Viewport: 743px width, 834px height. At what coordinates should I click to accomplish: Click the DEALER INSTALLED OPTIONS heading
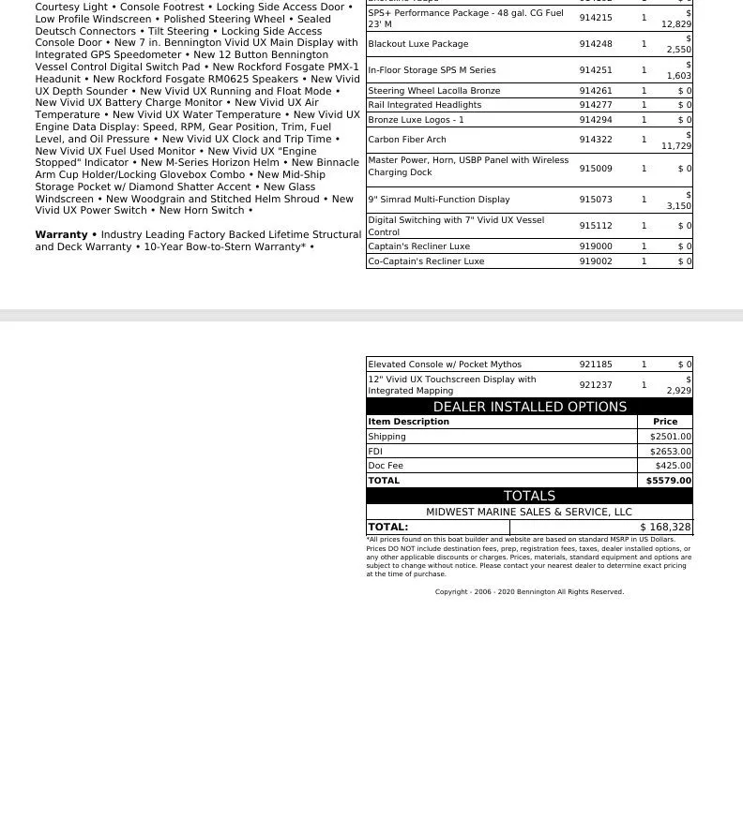(x=529, y=407)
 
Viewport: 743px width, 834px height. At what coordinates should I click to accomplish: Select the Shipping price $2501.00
(x=670, y=437)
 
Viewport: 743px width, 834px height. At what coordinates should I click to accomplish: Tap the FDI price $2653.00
(x=670, y=452)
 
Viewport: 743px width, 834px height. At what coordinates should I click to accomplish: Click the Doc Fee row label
(x=386, y=466)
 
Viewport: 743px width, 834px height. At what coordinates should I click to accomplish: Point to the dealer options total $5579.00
(x=668, y=481)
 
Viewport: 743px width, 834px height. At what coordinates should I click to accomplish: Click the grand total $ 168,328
(x=665, y=528)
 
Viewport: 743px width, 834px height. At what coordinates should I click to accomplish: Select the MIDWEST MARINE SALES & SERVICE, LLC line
(x=529, y=513)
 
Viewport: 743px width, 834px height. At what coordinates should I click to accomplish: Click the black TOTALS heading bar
(x=529, y=496)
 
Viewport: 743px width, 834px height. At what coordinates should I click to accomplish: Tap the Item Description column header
(x=408, y=422)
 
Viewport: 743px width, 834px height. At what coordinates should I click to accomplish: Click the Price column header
(x=665, y=422)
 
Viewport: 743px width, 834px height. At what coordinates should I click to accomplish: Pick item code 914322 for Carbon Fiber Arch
(x=595, y=140)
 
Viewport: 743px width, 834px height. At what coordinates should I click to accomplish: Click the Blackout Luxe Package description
(x=418, y=44)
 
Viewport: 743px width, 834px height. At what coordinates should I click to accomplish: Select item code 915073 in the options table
(x=595, y=200)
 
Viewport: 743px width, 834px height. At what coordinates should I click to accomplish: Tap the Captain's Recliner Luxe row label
(x=419, y=246)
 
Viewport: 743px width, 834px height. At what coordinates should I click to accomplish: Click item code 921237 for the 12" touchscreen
(x=595, y=385)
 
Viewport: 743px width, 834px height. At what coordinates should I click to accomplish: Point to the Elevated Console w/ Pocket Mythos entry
(x=445, y=365)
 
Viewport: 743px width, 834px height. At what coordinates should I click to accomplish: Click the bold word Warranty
(x=61, y=235)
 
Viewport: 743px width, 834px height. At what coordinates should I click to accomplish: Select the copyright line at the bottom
(x=529, y=592)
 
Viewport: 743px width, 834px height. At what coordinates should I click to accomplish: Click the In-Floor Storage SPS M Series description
(x=432, y=70)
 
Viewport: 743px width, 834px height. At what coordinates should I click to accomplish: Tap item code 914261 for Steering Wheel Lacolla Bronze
(x=595, y=91)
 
